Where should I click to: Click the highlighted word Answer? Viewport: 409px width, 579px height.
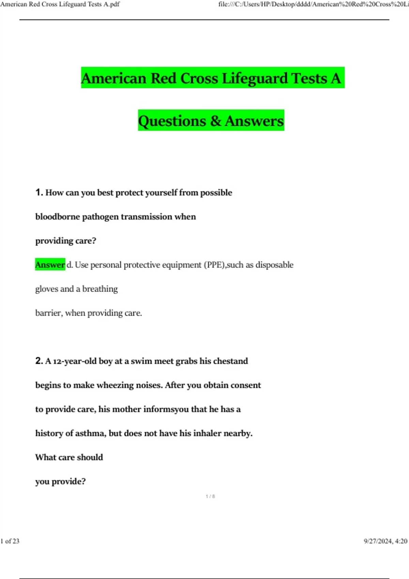(x=50, y=265)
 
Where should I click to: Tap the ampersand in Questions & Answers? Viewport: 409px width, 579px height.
(x=215, y=121)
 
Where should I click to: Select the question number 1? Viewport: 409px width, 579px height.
(x=39, y=192)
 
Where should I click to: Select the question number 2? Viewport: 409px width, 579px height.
(x=39, y=361)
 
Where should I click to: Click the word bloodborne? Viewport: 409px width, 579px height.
(x=58, y=217)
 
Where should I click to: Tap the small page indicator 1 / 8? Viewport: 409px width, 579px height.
(x=210, y=496)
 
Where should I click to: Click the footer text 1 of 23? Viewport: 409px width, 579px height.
(x=10, y=541)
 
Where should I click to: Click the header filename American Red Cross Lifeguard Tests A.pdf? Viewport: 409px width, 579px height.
(x=60, y=4)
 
